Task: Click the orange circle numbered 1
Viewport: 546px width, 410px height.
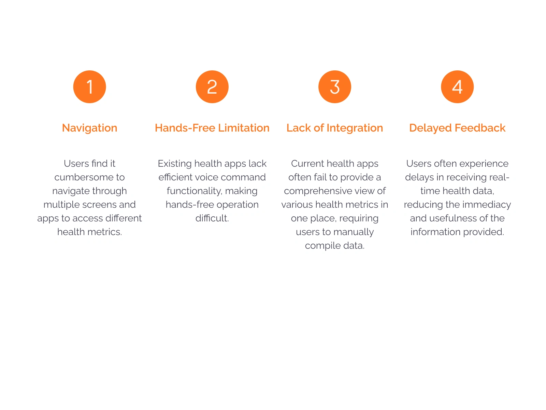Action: pyautogui.click(x=89, y=86)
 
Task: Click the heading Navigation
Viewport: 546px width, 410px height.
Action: pyautogui.click(x=89, y=127)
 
